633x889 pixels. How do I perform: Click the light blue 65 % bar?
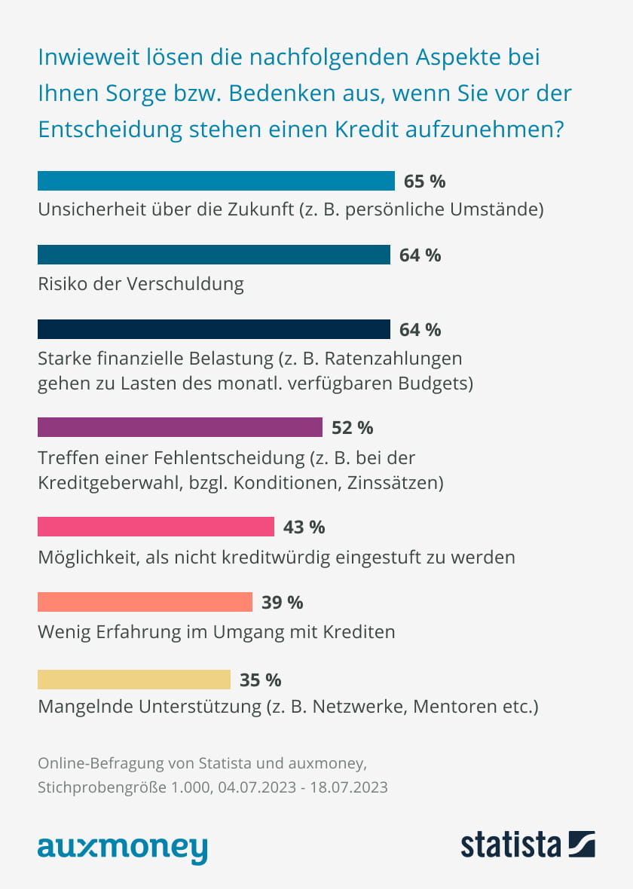coord(216,181)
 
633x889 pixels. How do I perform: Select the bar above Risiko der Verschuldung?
coord(214,255)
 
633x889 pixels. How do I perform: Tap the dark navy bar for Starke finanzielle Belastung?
coord(214,329)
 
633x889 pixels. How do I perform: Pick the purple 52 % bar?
coord(180,427)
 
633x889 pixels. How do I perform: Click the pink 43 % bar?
coord(156,526)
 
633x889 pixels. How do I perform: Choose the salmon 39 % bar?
coord(145,602)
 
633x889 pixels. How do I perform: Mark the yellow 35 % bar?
coord(134,680)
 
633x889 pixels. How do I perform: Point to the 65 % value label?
coord(425,182)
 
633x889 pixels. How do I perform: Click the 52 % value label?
coord(353,428)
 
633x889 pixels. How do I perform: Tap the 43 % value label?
coord(304,527)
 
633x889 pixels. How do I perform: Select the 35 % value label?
coord(260,680)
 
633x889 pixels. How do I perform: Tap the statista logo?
coord(527,844)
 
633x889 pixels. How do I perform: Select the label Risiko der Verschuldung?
coord(141,284)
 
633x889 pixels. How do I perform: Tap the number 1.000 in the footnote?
coord(189,787)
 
